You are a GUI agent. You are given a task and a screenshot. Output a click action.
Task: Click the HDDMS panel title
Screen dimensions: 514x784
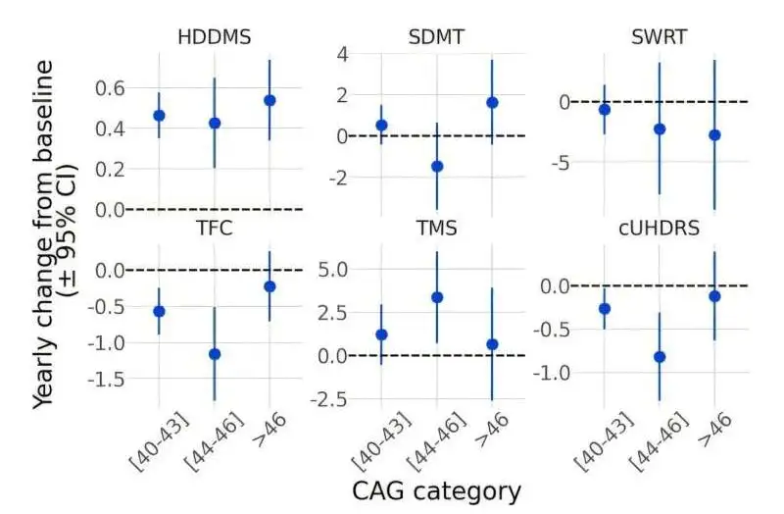click(214, 38)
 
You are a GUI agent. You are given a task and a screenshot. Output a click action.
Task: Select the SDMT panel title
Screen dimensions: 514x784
click(436, 38)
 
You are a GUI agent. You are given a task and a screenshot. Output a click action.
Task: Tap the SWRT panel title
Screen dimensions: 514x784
click(659, 38)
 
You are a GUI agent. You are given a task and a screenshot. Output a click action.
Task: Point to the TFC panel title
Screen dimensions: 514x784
click(214, 229)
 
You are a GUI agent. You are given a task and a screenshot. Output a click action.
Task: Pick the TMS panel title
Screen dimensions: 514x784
click(436, 229)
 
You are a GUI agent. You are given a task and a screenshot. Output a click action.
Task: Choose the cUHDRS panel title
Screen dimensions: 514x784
click(659, 229)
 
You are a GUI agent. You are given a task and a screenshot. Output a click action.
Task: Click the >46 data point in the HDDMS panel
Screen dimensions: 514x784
click(269, 100)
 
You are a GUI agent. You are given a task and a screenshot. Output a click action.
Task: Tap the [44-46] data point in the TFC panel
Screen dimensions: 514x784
click(215, 353)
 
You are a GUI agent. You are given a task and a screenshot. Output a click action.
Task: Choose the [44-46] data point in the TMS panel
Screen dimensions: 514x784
click(437, 297)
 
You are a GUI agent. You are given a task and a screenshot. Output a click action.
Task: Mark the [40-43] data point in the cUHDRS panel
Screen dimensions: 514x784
click(604, 309)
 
